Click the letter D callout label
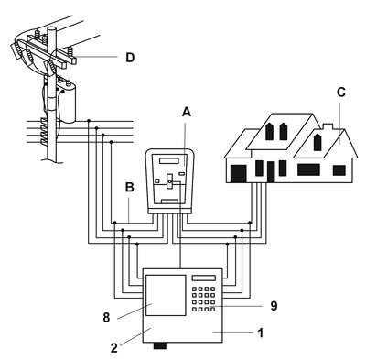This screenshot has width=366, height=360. click(130, 58)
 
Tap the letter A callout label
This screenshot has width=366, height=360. click(187, 112)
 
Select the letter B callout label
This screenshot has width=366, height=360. click(130, 187)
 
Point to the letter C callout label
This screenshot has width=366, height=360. click(341, 92)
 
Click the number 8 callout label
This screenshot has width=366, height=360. click(106, 318)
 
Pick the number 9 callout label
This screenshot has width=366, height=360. click(274, 306)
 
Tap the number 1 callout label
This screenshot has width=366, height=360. click(260, 333)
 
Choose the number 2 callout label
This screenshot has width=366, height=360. click(113, 348)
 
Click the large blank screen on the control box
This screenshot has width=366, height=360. click(166, 295)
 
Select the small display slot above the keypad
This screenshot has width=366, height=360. click(204, 278)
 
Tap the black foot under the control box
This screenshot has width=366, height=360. click(160, 345)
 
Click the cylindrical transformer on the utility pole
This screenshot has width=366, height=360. click(67, 102)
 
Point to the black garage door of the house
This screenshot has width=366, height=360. click(238, 173)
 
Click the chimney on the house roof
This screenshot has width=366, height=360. click(328, 127)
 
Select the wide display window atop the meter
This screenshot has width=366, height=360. click(169, 160)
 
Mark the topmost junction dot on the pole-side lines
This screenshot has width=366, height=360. click(89, 121)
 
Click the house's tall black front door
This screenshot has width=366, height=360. click(271, 172)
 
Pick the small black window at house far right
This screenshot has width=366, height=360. click(339, 170)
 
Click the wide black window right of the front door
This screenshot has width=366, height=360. click(308, 169)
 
